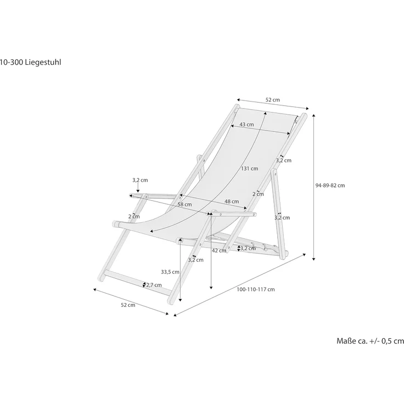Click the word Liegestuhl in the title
click(x=43, y=62)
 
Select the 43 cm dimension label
click(x=246, y=125)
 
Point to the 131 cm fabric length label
click(x=249, y=169)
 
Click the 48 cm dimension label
click(x=231, y=201)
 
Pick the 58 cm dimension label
click(x=184, y=205)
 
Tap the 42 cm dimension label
click(x=218, y=250)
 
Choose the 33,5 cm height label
click(x=170, y=272)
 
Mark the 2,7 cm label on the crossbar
click(x=154, y=284)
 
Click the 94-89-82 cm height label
click(x=330, y=185)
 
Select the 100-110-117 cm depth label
click(x=256, y=289)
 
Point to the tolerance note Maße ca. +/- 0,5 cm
click(x=369, y=341)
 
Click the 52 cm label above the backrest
click(x=273, y=100)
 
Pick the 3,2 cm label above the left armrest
click(x=139, y=180)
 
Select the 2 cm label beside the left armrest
click(x=133, y=216)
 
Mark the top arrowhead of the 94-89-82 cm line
click(x=313, y=115)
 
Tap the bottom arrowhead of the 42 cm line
click(x=211, y=287)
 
